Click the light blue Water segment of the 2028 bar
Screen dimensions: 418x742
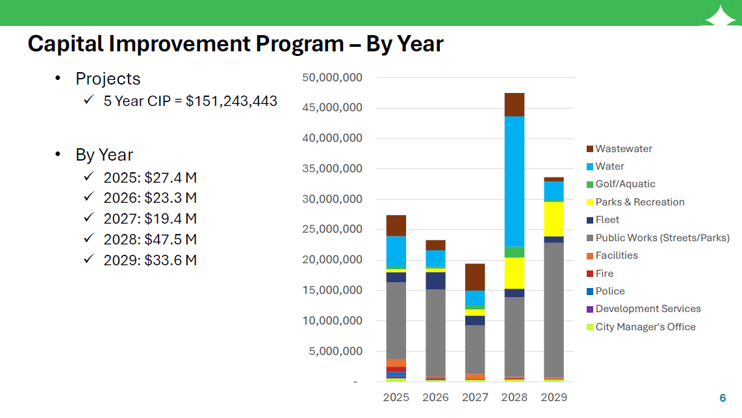514,181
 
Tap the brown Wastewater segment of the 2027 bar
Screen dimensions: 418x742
474,277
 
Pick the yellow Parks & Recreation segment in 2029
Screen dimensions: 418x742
554,219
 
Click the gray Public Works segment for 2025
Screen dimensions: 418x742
396,320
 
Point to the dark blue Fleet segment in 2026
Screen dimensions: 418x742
435,280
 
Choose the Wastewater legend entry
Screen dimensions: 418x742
623,149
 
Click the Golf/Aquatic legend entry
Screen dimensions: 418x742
624,184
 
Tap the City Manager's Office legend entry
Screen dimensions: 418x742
645,327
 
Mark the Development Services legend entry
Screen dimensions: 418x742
647,309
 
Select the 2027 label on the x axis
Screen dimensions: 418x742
474,397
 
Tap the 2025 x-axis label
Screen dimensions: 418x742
396,397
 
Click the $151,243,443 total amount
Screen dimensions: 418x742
231,101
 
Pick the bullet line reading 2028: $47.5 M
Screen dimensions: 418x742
149,239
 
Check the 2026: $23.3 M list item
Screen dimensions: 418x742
149,198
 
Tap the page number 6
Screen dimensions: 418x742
723,398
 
